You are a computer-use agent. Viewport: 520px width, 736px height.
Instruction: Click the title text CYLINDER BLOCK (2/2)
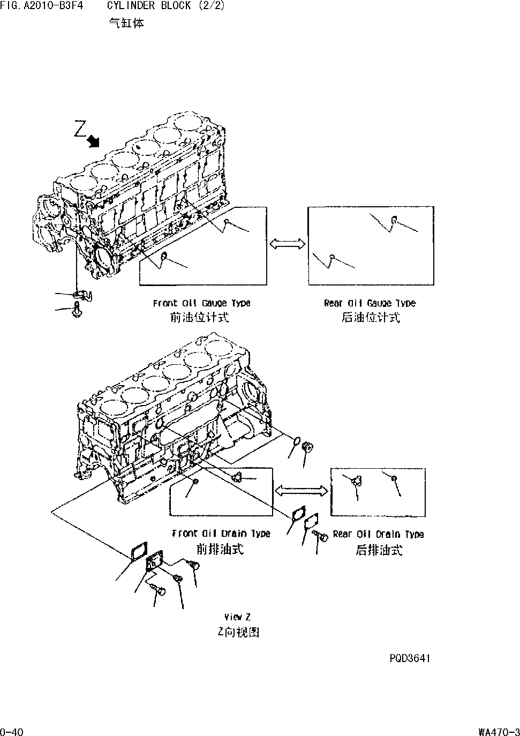(x=166, y=6)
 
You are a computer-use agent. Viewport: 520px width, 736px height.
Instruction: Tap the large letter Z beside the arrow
(x=80, y=129)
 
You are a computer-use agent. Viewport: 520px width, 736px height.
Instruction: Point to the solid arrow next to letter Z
(x=94, y=140)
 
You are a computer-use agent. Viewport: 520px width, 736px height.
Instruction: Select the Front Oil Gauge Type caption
(x=201, y=303)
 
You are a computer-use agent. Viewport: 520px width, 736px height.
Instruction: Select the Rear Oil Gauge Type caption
(x=370, y=303)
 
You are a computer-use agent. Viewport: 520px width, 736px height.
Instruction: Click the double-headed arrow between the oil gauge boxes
(x=287, y=244)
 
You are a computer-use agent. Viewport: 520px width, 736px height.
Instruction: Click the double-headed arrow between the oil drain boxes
(x=301, y=490)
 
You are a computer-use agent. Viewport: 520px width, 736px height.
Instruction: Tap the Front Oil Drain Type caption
(x=221, y=534)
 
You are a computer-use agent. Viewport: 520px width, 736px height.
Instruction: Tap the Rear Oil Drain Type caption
(x=378, y=534)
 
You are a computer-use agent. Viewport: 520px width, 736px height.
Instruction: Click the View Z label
(x=237, y=617)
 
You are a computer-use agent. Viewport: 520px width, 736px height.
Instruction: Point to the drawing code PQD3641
(x=410, y=658)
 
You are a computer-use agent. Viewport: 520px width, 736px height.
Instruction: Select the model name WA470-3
(x=499, y=731)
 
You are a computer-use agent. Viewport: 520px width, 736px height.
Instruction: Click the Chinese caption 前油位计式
(x=199, y=318)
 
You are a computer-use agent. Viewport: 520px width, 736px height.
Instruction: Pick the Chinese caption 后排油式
(x=379, y=550)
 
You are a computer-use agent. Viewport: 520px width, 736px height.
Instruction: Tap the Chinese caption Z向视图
(x=238, y=632)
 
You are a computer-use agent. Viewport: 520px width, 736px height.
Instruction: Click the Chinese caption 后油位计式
(x=371, y=318)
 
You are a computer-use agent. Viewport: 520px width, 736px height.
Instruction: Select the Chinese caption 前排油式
(x=220, y=549)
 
